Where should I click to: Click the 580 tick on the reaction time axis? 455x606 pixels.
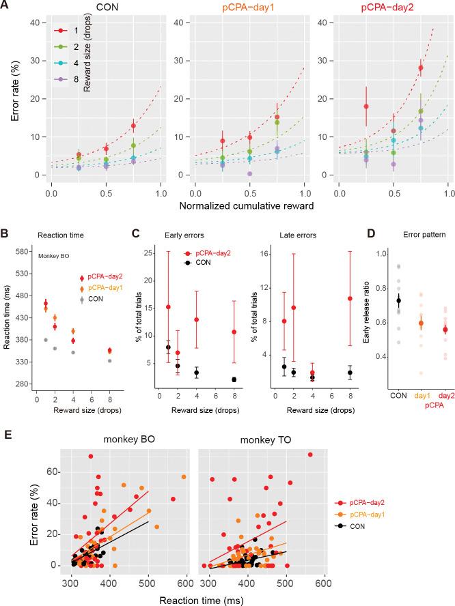tap(30, 252)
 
